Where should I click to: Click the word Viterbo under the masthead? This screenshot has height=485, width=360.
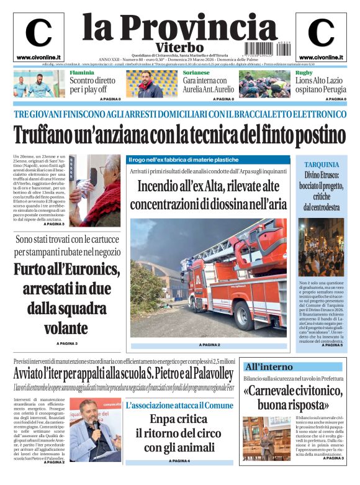179,48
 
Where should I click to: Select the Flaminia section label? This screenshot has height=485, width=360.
83,73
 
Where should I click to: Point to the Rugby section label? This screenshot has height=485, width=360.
304,73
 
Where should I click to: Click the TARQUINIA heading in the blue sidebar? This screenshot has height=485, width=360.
322,164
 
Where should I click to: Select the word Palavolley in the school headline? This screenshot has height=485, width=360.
209,374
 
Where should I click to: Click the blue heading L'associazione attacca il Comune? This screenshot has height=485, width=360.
179,405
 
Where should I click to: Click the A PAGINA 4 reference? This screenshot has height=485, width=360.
179,461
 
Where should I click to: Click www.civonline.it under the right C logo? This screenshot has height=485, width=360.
321,57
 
